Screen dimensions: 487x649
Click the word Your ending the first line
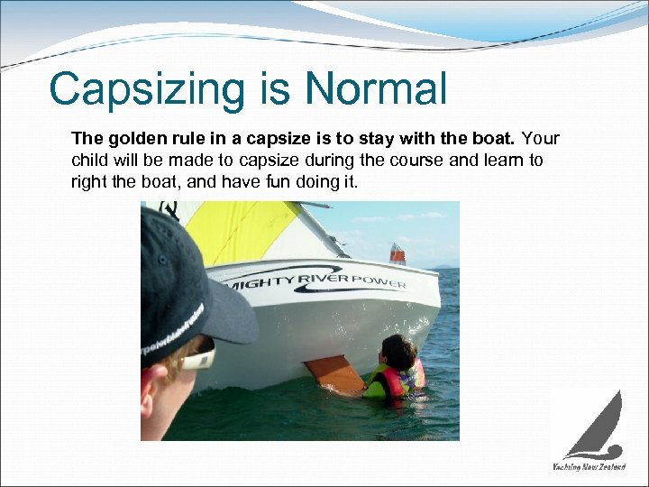pos(541,139)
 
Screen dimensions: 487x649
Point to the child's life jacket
pos(398,381)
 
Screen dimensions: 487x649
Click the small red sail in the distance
pos(398,253)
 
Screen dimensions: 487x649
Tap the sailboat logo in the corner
pos(596,425)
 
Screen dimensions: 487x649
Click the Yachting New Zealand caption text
pos(590,466)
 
